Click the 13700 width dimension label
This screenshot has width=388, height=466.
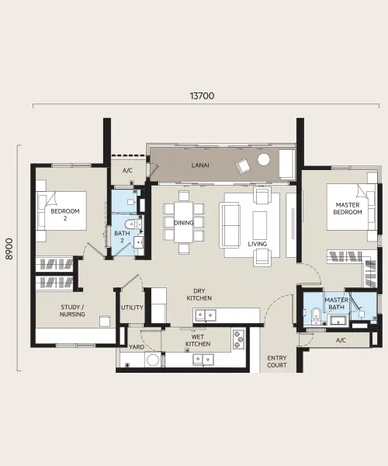click(202, 96)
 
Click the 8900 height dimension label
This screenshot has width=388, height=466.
click(9, 249)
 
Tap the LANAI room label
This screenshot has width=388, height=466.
click(200, 165)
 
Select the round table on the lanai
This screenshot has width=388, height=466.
click(264, 159)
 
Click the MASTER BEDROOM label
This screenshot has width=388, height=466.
click(348, 208)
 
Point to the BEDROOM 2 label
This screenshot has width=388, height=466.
click(65, 214)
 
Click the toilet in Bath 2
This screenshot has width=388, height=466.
click(130, 224)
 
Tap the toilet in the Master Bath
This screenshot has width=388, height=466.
click(315, 315)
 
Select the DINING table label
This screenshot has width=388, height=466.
click(183, 223)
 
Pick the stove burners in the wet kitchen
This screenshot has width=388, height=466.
click(238, 339)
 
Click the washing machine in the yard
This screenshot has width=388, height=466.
click(153, 360)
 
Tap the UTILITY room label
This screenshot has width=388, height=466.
click(132, 308)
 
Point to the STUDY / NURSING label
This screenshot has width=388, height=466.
click(72, 311)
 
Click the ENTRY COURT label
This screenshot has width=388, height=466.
click(277, 361)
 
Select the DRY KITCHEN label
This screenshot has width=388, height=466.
click(199, 294)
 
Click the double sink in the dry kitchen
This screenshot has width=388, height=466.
click(205, 315)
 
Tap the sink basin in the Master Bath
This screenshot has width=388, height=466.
click(338, 321)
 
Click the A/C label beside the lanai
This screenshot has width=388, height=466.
click(127, 171)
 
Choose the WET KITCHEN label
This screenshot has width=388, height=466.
click(198, 340)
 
